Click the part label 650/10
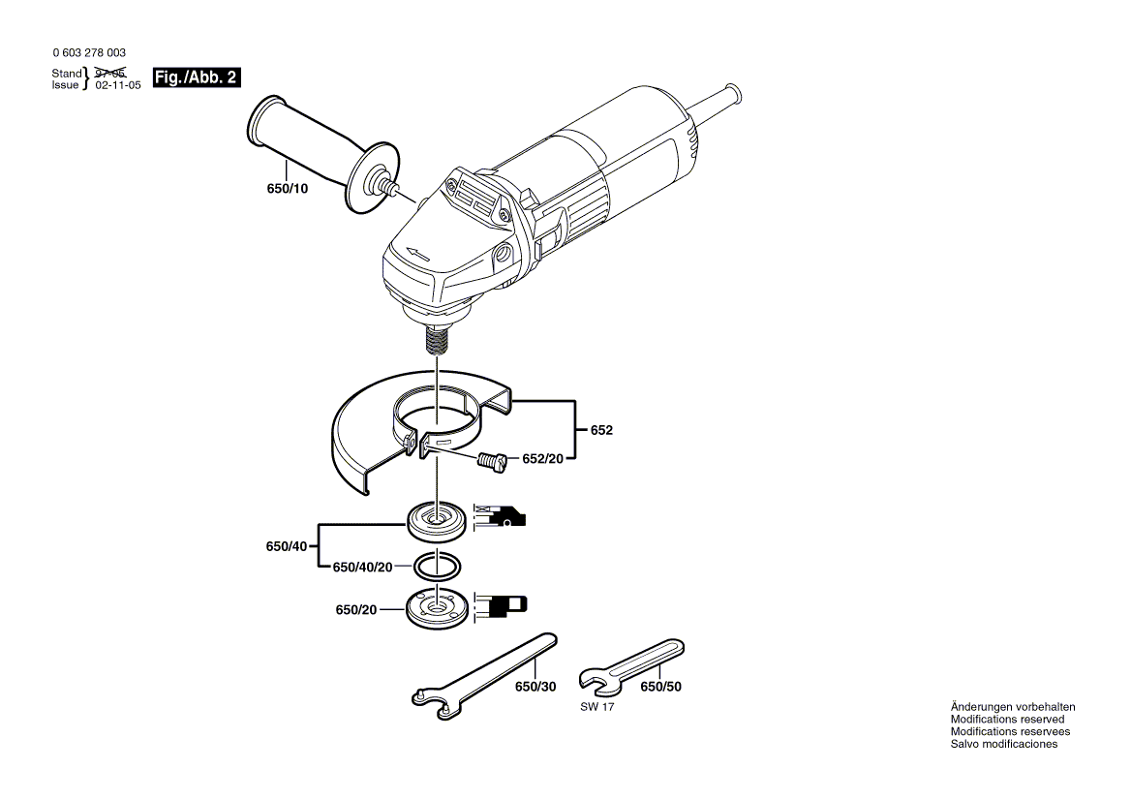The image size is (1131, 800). pos(288,189)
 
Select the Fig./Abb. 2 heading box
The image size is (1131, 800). pos(197,77)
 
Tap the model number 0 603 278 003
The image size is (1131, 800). pos(88,53)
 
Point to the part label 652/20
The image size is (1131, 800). pos(542,458)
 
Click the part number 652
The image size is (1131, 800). pos(601,430)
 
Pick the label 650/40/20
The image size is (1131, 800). pos(362,567)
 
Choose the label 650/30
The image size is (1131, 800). pos(535,687)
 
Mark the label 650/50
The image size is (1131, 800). pos(661,687)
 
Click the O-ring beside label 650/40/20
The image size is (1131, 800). pos(438,565)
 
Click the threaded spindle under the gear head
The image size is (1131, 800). pos(437,340)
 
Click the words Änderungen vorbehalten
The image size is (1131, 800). pos(1012,707)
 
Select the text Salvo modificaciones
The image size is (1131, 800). pos(1003,744)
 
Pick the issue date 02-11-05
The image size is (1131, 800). pos(118,85)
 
